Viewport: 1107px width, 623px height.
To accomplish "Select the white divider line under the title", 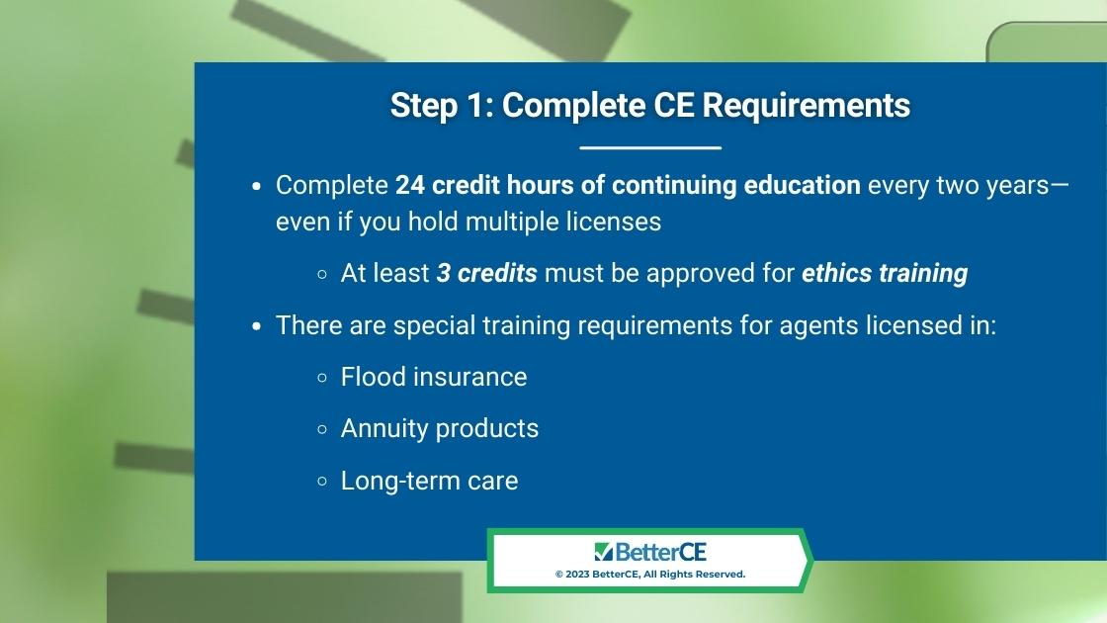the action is pyautogui.click(x=650, y=147).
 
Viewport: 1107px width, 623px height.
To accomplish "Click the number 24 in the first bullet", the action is pyautogui.click(x=409, y=185).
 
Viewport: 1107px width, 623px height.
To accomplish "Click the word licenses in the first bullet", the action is pyautogui.click(x=614, y=222).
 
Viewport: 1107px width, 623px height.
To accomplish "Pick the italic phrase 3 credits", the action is pyautogui.click(x=487, y=273).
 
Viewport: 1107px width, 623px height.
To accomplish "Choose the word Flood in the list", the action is pyautogui.click(x=373, y=377).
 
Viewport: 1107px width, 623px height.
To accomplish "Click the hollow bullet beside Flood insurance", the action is pyautogui.click(x=322, y=378).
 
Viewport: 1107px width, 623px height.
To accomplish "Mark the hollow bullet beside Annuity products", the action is pyautogui.click(x=322, y=429).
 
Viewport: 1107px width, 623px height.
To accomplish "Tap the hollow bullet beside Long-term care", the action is pyautogui.click(x=322, y=482).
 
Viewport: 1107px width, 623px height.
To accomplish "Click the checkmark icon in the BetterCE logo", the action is pyautogui.click(x=603, y=552).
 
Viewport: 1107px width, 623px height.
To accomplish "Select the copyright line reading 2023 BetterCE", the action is pyautogui.click(x=650, y=575).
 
